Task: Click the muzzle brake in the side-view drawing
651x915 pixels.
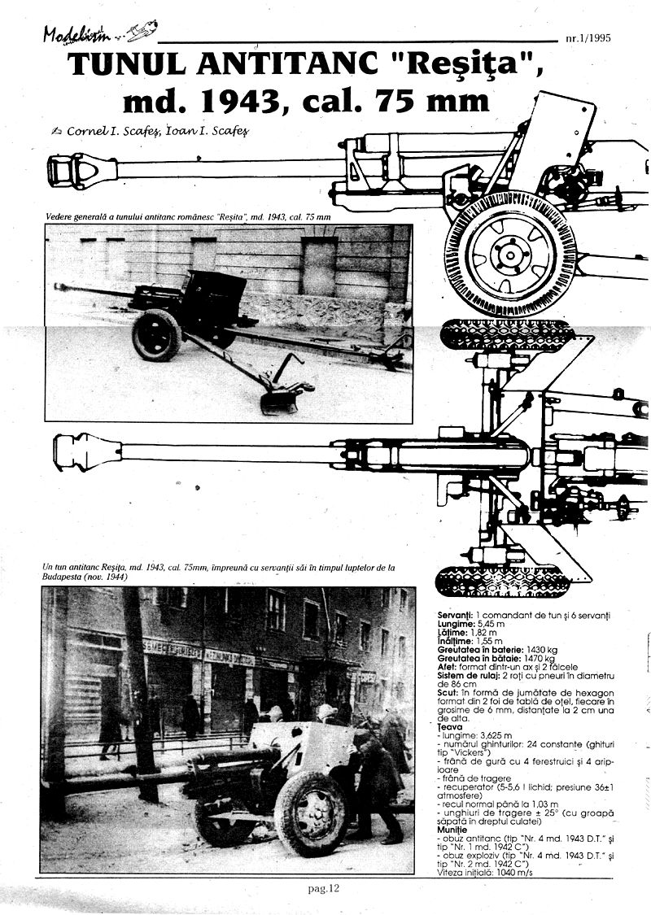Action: [82, 170]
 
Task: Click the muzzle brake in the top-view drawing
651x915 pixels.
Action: [86, 451]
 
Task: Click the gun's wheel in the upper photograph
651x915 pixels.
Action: [156, 334]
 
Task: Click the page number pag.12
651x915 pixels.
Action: [323, 888]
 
